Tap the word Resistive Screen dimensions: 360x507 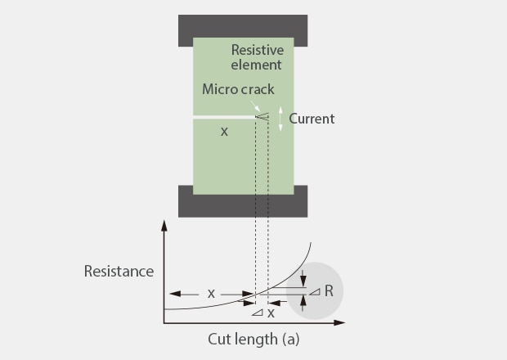(257, 49)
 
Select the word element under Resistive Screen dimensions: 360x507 (257, 64)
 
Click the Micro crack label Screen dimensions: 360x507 (238, 90)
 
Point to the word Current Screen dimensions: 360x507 (312, 119)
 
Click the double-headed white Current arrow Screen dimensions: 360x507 (280, 119)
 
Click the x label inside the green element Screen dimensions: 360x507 (224, 131)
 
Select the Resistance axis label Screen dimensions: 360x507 (119, 271)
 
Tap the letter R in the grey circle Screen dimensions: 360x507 (329, 291)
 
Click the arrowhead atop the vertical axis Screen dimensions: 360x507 (164, 225)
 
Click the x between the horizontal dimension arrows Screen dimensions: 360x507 (211, 292)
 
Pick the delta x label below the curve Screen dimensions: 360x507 (263, 313)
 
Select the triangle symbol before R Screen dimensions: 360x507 (316, 291)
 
